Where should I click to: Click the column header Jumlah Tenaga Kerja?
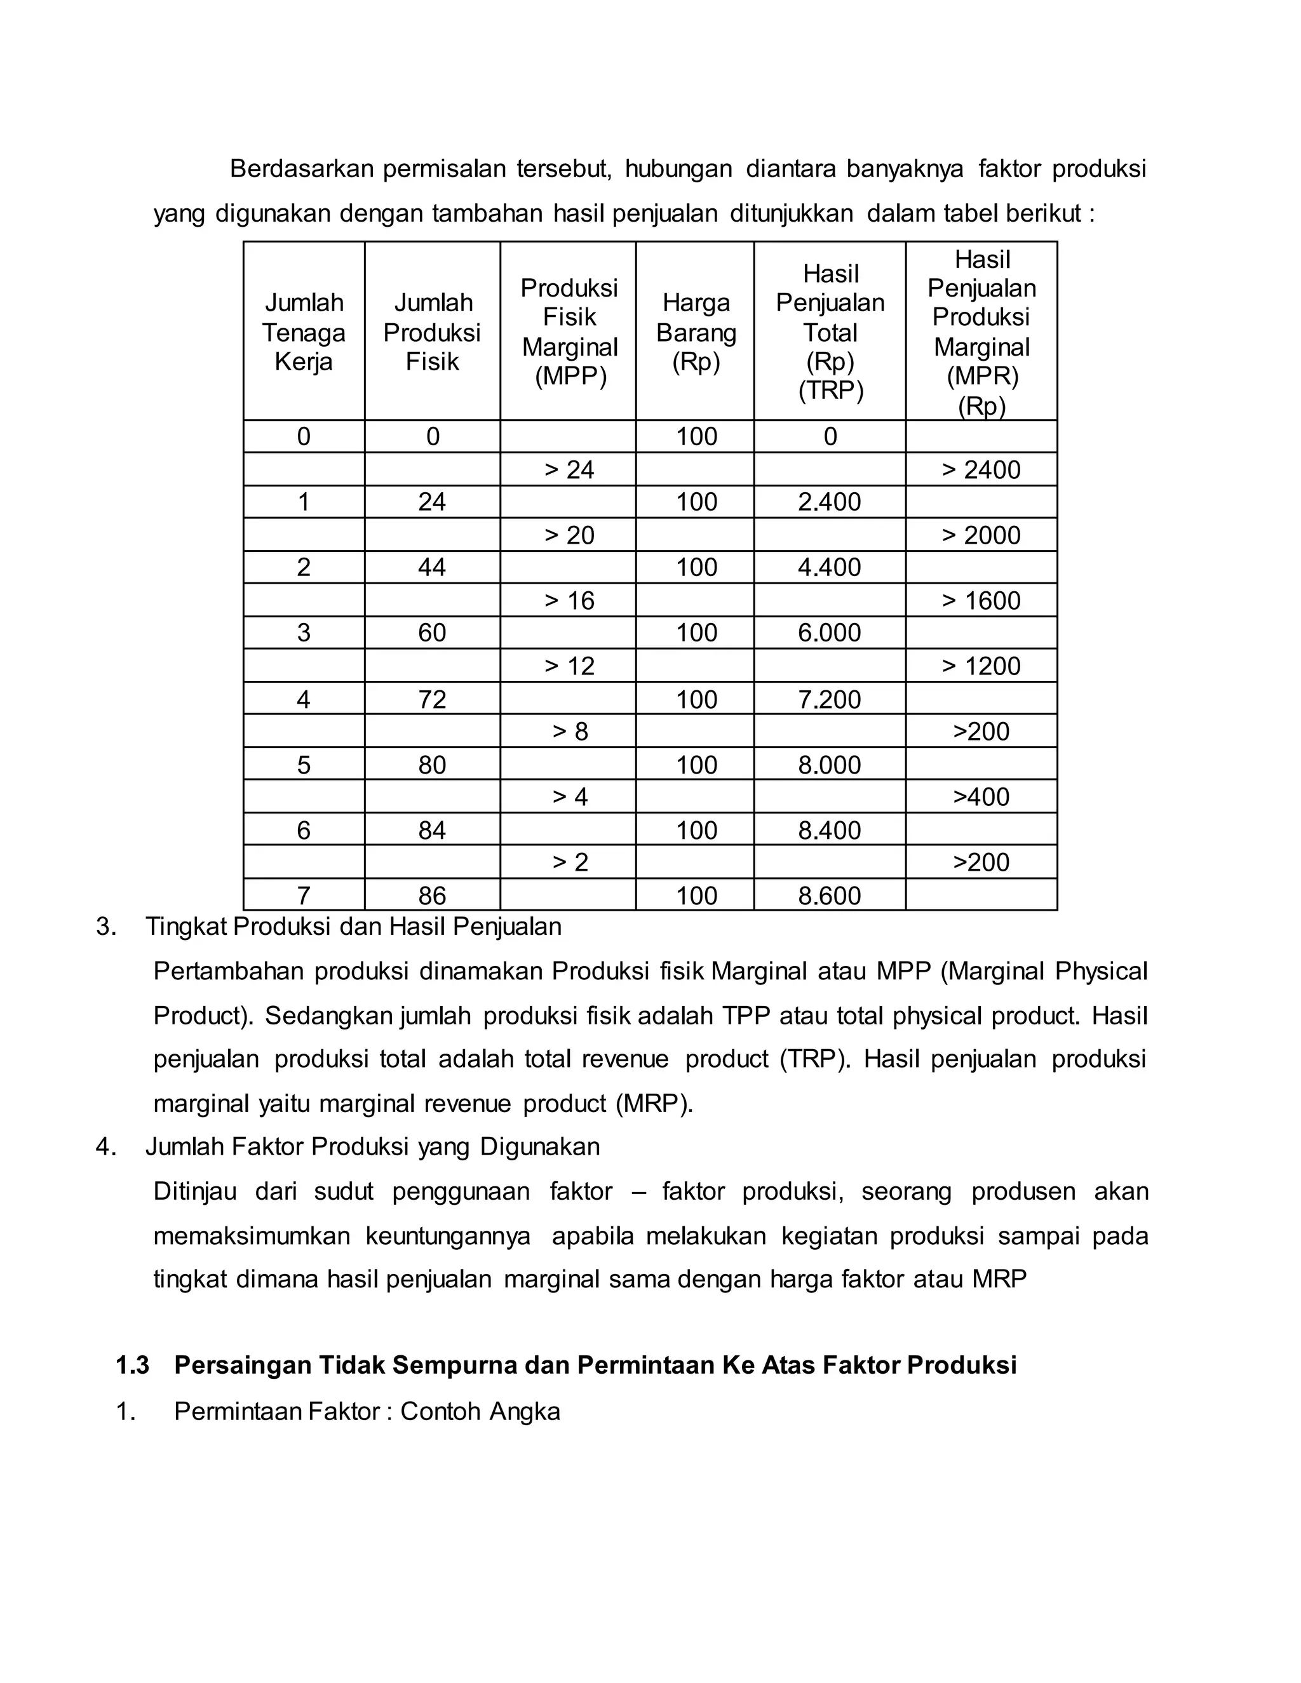[x=304, y=332]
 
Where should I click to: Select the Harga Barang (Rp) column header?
[x=696, y=332]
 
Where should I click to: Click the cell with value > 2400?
[x=981, y=469]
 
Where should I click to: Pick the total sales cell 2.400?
[x=829, y=502]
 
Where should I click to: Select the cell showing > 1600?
[x=981, y=600]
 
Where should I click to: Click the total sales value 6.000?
[x=829, y=633]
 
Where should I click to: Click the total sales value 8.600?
[x=829, y=895]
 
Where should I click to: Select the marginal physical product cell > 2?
[x=570, y=862]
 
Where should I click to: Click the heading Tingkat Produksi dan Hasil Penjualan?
[x=353, y=925]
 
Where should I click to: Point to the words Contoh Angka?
[x=480, y=1411]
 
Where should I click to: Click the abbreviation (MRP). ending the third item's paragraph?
[x=654, y=1104]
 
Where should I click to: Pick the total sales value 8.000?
[x=829, y=765]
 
